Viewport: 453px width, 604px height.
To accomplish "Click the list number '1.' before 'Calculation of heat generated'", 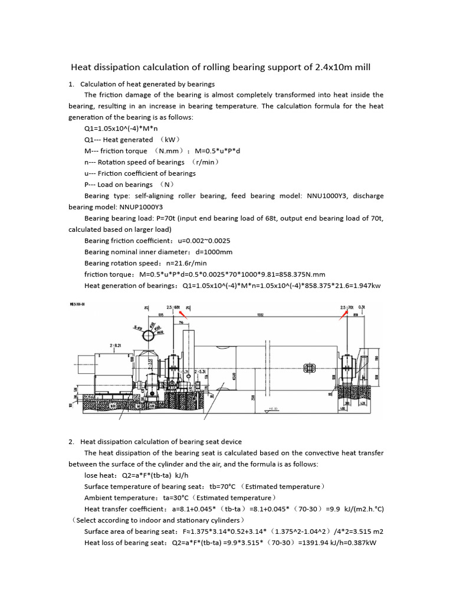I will click(71, 84).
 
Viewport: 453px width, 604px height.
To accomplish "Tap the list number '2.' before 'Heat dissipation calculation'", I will click(71, 441).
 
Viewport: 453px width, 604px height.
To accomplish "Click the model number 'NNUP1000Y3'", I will click(142, 207).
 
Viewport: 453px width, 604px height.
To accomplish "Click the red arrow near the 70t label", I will click(344, 312).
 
